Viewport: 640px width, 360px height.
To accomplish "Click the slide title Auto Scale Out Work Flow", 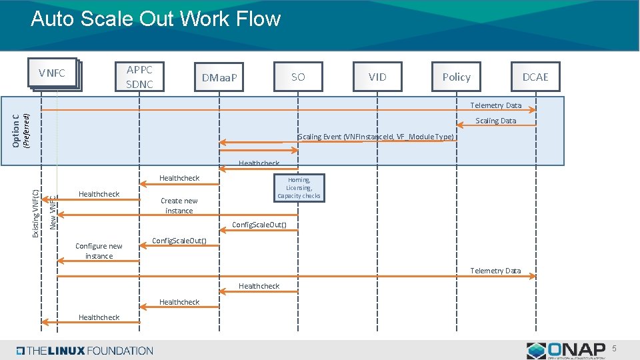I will point(155,19).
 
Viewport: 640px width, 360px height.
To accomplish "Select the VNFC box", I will point(52,73).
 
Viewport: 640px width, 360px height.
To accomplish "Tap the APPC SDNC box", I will point(139,77).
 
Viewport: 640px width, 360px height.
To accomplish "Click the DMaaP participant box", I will point(219,79).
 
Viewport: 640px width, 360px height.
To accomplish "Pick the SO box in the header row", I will point(298,77).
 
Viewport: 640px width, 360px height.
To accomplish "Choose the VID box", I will point(377,77).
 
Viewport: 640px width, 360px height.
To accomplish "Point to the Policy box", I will point(456,77).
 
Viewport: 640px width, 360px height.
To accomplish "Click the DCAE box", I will point(535,77).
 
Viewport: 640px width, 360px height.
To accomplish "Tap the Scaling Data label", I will point(495,121).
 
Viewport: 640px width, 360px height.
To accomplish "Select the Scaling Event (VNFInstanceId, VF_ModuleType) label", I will point(376,137).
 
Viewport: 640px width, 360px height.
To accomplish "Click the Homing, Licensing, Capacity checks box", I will point(299,188).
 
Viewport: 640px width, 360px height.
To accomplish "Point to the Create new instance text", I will point(179,205).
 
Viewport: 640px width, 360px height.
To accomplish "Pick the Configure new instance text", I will point(99,251).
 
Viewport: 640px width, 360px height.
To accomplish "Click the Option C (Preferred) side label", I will point(22,129).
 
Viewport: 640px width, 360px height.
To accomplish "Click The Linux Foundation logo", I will point(85,351).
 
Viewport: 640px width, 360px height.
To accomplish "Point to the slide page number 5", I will point(615,349).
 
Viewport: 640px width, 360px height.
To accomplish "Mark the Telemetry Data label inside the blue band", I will point(495,105).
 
